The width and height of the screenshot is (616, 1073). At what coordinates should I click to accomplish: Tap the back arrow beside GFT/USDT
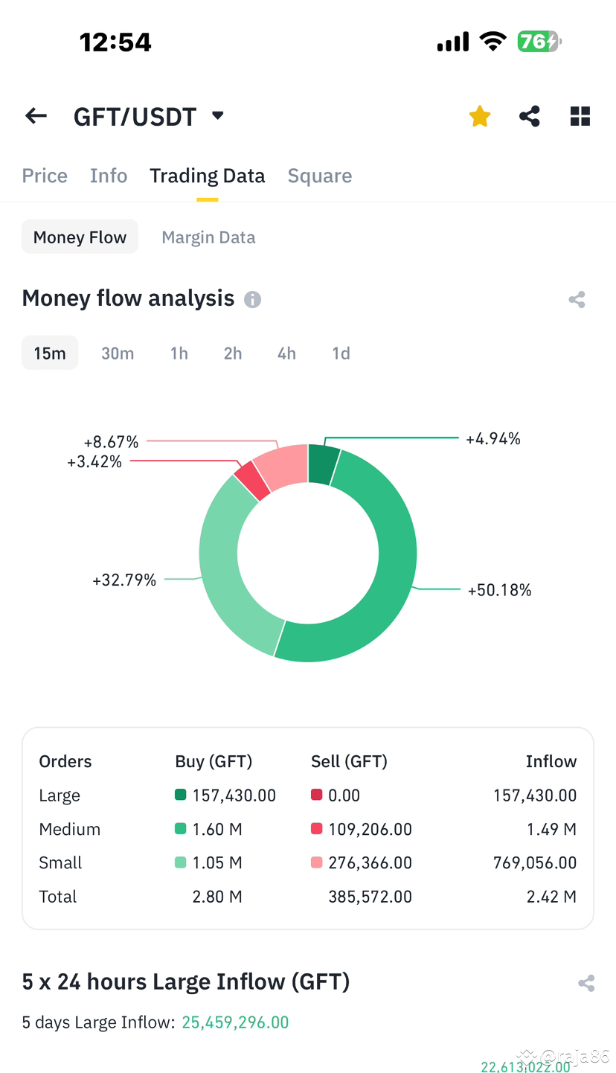[x=36, y=116]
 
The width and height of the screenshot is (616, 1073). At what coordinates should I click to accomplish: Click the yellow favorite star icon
[x=480, y=116]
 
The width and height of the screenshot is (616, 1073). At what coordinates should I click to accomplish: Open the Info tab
[x=109, y=176]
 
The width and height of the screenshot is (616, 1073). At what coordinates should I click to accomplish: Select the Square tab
[x=320, y=176]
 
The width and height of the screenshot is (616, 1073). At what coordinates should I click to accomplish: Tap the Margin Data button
[x=208, y=237]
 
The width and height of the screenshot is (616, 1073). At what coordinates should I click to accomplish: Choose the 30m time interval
[x=118, y=353]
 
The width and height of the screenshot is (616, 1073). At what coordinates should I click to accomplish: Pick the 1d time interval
[x=341, y=353]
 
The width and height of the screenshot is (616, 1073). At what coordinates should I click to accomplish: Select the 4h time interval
[x=286, y=353]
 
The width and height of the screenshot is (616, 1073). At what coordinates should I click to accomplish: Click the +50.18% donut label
[x=499, y=590]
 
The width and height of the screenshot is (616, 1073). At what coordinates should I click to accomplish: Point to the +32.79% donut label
[x=124, y=580]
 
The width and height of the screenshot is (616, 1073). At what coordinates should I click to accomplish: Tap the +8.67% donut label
[x=111, y=442]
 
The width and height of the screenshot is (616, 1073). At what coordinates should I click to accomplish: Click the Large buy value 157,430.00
[x=234, y=795]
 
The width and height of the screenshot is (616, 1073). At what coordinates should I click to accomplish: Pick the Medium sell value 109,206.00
[x=370, y=829]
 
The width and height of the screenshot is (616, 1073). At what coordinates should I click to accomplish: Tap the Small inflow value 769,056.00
[x=534, y=862]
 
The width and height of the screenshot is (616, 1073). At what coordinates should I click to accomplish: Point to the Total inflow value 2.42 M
[x=551, y=897]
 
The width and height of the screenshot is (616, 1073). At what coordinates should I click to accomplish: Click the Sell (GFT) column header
[x=349, y=761]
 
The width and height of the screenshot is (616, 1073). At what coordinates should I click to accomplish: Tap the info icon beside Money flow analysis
[x=253, y=299]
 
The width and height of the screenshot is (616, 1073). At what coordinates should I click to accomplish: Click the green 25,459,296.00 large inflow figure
[x=235, y=1022]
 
